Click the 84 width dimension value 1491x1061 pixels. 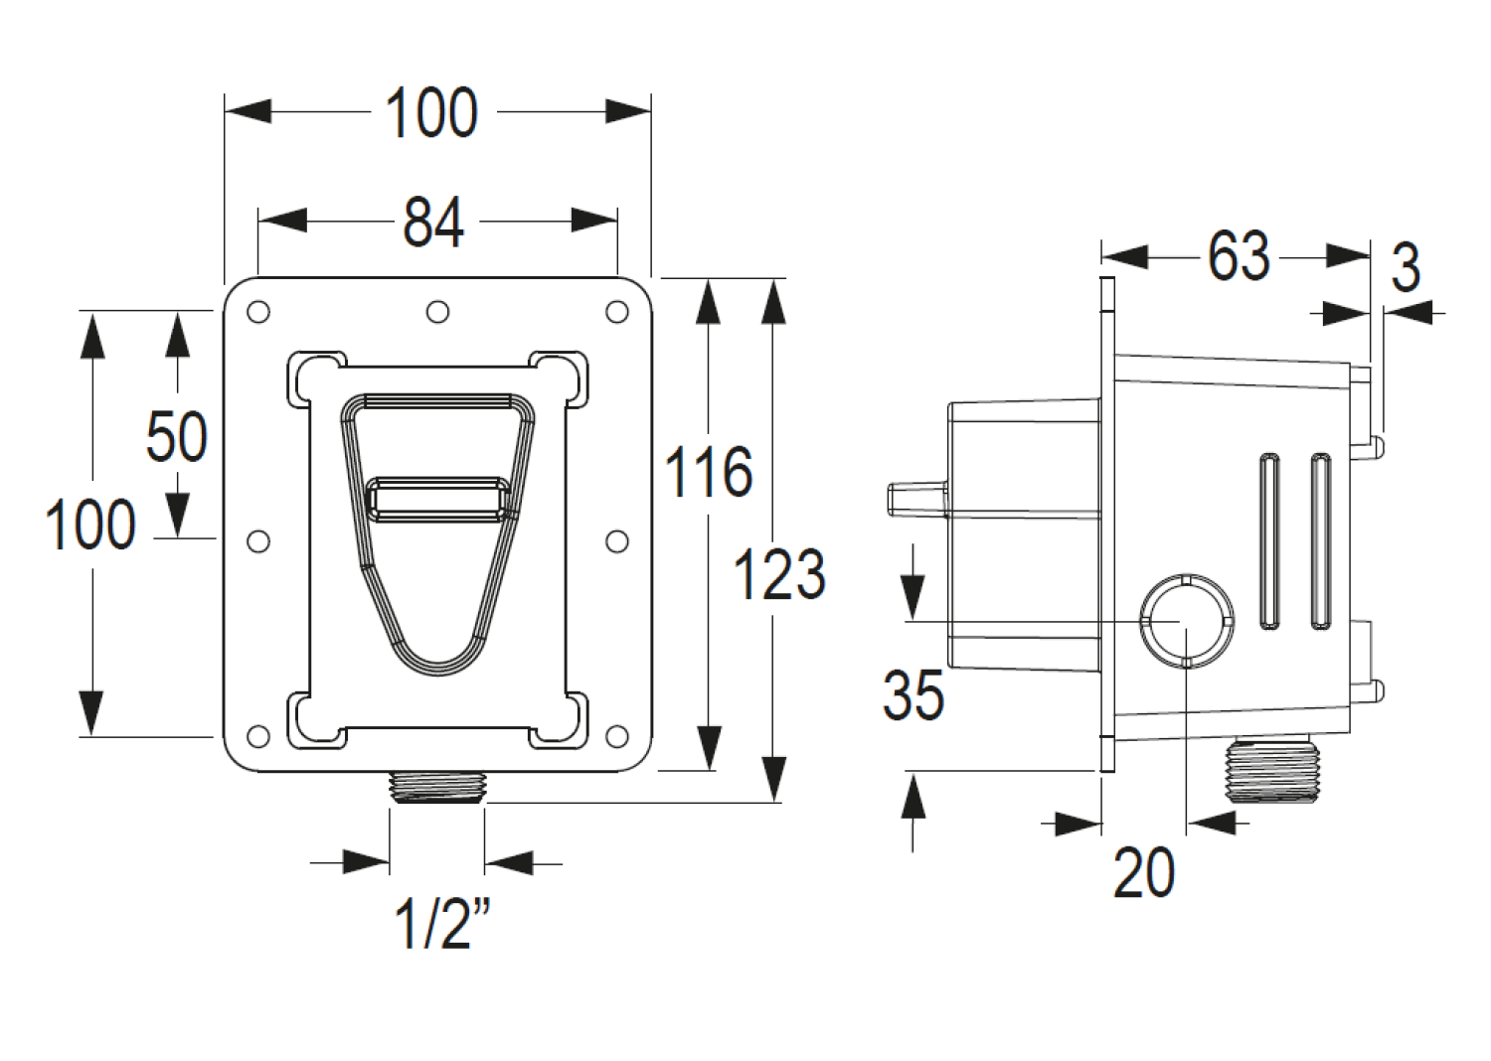[433, 223]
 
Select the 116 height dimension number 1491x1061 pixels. [709, 472]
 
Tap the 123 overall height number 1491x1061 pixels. [778, 573]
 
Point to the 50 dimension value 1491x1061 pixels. [176, 436]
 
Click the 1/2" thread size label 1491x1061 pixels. [442, 924]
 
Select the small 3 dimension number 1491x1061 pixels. [1406, 267]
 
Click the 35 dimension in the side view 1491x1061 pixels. [913, 694]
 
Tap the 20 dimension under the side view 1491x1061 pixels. [1143, 873]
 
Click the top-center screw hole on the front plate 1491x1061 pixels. [437, 311]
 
